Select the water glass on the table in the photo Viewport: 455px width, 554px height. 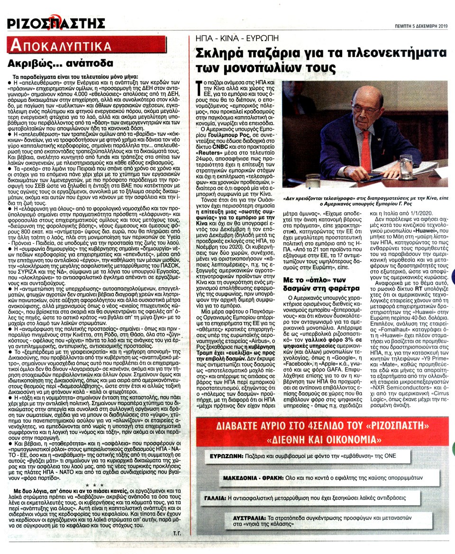[406, 167]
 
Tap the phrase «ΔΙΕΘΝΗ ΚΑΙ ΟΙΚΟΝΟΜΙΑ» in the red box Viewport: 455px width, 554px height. [322, 437]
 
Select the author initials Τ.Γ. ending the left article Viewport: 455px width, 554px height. [179, 534]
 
